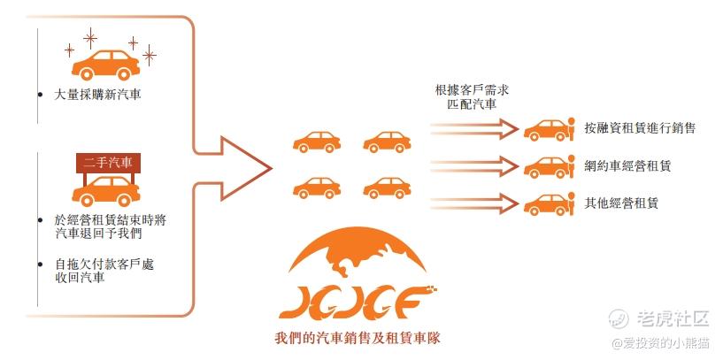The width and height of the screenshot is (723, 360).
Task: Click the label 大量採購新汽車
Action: [97, 96]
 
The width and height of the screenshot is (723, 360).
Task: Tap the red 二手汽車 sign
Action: [108, 163]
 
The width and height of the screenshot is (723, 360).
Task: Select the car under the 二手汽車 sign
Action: [106, 191]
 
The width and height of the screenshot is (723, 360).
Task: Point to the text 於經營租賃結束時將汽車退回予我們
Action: [110, 226]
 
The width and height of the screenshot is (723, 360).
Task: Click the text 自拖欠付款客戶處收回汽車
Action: [104, 271]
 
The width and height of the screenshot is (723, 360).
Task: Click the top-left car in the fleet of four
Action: [317, 142]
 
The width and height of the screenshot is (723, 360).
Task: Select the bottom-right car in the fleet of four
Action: [387, 188]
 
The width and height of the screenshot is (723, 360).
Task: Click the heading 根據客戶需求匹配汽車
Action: [473, 96]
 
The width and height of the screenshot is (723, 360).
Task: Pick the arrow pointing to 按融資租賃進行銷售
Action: [474, 129]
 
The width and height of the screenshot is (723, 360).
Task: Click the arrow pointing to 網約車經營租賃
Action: [474, 166]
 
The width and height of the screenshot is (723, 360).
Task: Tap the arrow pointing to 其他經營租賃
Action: [474, 203]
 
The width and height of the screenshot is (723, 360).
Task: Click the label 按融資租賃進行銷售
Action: [640, 127]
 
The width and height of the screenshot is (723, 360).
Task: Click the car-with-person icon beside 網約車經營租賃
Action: [550, 167]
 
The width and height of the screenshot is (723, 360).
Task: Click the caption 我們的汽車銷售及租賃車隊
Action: [357, 339]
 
